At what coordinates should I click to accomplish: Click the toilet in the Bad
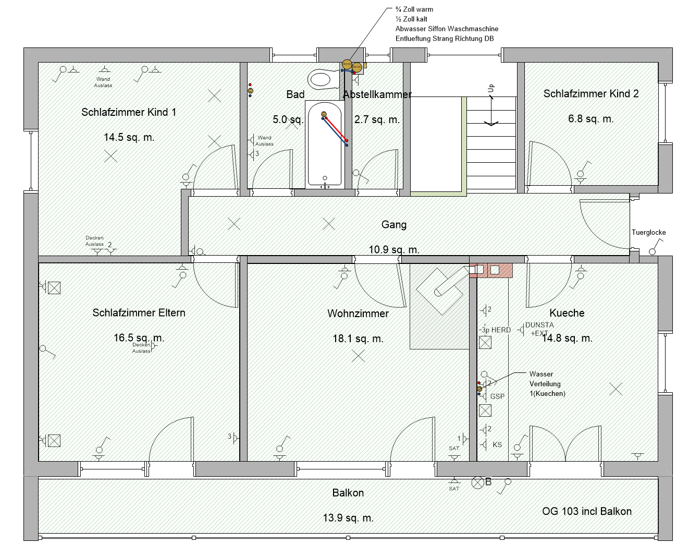pos(323,80)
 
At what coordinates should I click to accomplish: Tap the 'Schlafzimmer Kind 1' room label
pos(129,112)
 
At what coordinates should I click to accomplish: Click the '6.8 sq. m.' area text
pos(590,119)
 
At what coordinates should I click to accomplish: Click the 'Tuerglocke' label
pos(648,233)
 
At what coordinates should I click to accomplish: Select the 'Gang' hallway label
pos(393,225)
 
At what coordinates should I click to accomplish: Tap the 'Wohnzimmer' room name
pos(358,313)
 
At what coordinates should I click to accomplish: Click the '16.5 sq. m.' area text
pos(139,338)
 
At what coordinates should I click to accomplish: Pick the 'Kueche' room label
pos(567,313)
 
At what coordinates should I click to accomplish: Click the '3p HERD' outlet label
pos(496,330)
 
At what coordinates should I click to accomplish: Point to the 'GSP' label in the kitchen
pos(497,396)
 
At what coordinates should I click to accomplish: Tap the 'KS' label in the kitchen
pos(497,445)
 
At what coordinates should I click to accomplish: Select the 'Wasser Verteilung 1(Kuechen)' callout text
pos(547,384)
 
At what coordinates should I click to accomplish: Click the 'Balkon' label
pos(348,493)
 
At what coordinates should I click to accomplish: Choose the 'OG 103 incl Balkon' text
pos(586,511)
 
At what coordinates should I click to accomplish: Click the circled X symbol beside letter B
pos(477,483)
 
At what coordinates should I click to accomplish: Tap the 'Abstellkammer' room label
pos(377,94)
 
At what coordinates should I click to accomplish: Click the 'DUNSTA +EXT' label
pos(539,329)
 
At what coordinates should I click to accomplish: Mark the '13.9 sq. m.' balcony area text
pos(348,518)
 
